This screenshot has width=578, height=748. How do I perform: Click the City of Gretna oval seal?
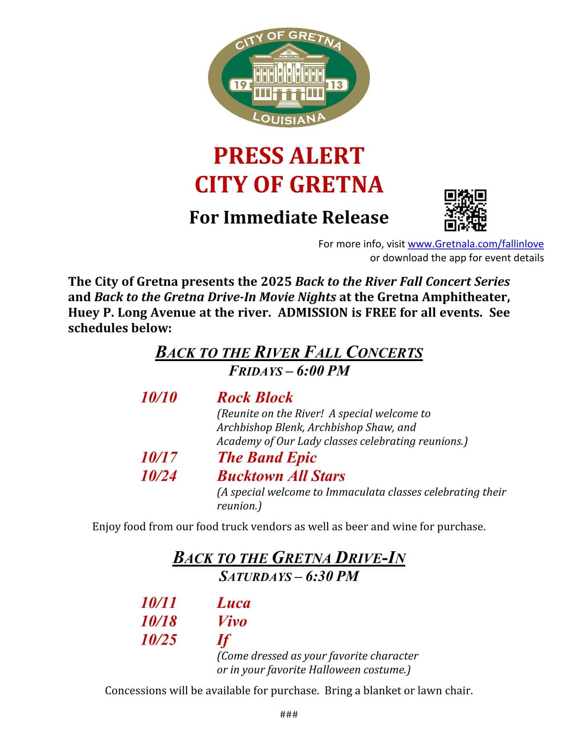pos(289,77)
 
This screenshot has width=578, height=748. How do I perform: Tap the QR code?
pos(465,210)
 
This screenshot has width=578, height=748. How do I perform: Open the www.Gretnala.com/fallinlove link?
pos(476,244)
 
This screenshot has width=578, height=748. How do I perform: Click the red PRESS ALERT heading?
pos(289,156)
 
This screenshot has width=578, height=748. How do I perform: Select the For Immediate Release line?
pos(289,217)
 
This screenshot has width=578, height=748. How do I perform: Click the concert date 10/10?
pos(159,397)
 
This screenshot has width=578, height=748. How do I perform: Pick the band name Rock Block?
pos(255,397)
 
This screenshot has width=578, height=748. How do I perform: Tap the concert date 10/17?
pos(159,457)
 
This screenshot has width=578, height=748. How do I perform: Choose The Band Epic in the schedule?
pos(267,457)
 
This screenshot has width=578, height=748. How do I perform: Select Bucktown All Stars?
pos(281,476)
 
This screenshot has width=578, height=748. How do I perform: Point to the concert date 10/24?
pos(159,476)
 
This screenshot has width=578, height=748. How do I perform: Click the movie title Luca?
pos(233,603)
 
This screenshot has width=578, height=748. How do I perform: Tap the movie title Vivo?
pos(232,621)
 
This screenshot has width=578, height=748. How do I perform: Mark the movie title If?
pos(223,640)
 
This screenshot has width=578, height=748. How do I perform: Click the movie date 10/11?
pos(159,603)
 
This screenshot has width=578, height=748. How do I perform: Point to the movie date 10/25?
pos(159,640)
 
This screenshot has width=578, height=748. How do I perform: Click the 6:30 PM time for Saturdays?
pos(332,577)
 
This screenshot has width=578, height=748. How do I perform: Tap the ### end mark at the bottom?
pos(289,715)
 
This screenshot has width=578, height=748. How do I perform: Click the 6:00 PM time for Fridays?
pos(323,371)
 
